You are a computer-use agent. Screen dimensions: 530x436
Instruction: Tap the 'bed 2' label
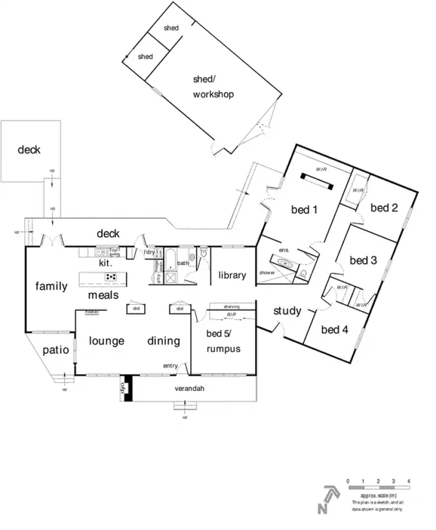click(384, 208)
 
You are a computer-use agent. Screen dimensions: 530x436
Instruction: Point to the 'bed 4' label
click(334, 330)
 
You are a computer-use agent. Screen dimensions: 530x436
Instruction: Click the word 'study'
click(287, 311)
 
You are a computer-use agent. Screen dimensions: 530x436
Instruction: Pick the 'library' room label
click(232, 275)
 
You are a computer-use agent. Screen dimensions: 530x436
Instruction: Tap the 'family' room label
click(51, 286)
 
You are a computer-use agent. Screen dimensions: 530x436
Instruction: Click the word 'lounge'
click(106, 341)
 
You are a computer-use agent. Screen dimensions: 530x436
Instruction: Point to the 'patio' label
click(56, 350)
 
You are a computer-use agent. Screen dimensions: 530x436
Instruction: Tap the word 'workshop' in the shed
click(213, 94)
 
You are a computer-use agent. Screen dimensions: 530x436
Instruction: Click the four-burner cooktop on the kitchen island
click(110, 276)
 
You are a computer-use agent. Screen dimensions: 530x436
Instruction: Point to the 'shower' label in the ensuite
click(267, 272)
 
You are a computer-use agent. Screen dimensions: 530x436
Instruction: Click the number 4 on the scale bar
click(409, 482)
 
